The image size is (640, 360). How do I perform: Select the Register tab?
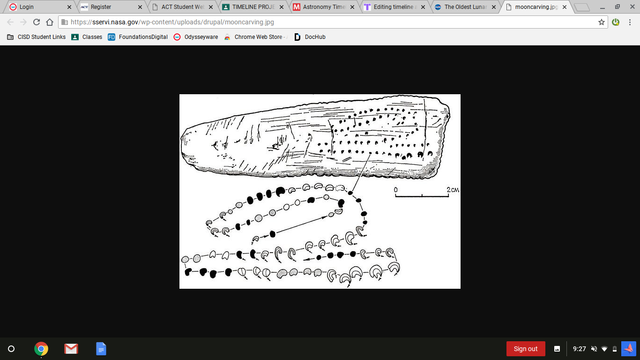click(x=100, y=6)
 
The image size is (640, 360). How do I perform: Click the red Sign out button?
click(x=525, y=348)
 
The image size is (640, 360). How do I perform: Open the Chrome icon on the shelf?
click(x=42, y=348)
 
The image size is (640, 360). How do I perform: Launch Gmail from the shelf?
click(x=71, y=348)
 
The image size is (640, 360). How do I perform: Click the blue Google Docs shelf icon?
click(x=100, y=348)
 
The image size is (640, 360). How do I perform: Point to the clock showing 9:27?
click(x=580, y=348)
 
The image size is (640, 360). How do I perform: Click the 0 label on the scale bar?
click(x=396, y=189)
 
